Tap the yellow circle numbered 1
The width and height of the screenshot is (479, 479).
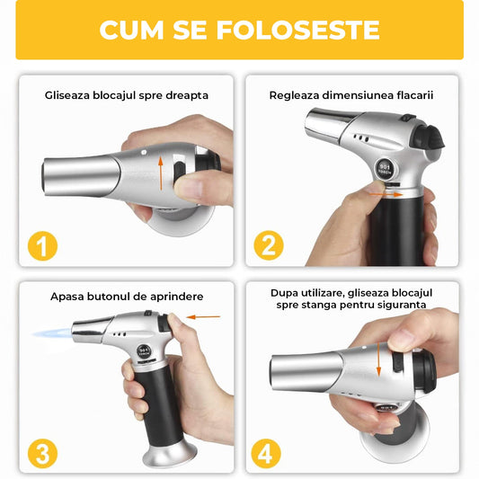tap(38, 244)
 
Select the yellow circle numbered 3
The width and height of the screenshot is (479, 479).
tap(38, 451)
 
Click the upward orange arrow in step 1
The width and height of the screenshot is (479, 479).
tap(161, 170)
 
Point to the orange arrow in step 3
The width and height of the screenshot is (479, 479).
tap(206, 316)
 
